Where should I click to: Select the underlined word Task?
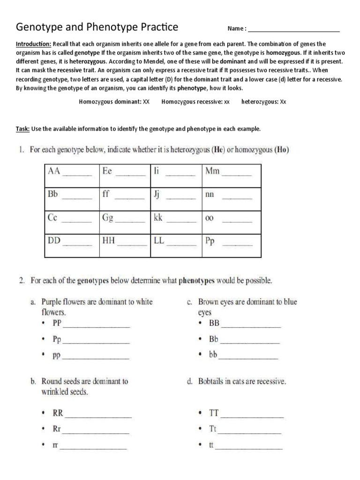pyautogui.click(x=22, y=128)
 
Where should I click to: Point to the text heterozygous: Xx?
pyautogui.click(x=263, y=101)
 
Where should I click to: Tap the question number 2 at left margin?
pyautogui.click(x=22, y=281)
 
